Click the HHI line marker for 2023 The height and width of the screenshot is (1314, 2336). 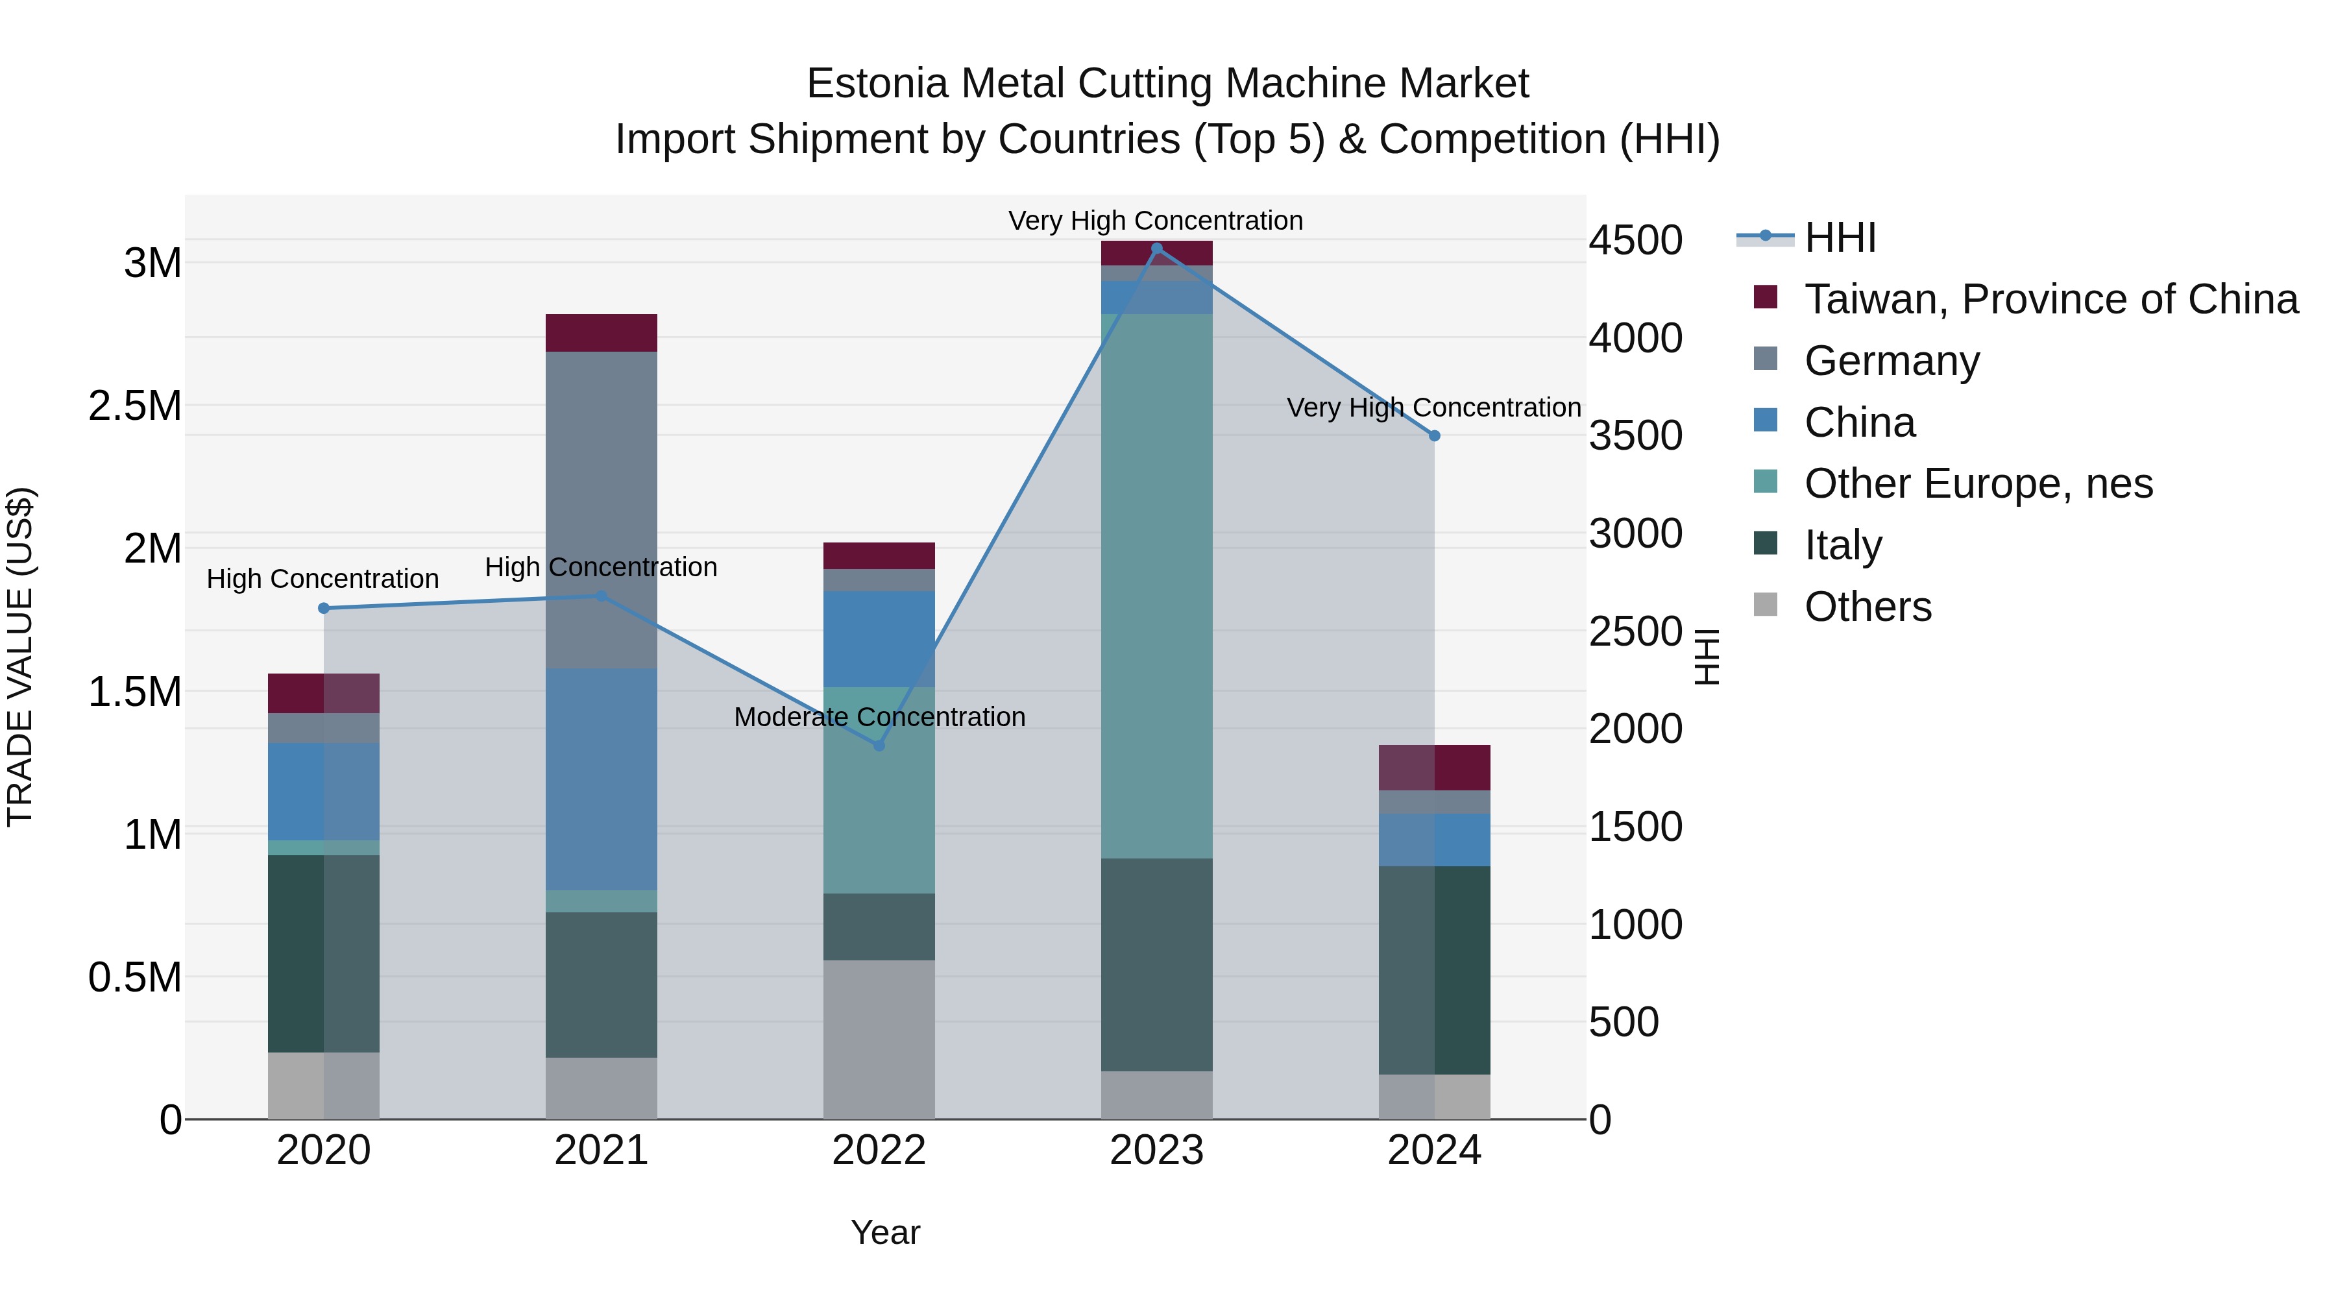click(x=1156, y=249)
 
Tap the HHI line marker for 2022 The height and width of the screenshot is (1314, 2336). click(x=879, y=746)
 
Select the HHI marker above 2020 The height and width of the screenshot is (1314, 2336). click(x=324, y=609)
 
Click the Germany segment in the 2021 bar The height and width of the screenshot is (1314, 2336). click(x=602, y=509)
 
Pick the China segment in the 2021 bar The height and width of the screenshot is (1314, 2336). click(x=602, y=780)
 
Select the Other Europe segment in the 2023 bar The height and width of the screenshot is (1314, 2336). click(x=1156, y=586)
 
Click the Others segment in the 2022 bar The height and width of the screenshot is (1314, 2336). click(x=879, y=1040)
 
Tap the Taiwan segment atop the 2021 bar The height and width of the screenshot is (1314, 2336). click(x=602, y=333)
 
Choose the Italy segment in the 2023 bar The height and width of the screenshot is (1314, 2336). click(x=1156, y=965)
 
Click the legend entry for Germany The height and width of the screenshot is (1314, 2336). click(x=1892, y=361)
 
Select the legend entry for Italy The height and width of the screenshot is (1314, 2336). click(x=1843, y=545)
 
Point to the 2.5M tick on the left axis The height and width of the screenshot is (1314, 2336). click(x=135, y=406)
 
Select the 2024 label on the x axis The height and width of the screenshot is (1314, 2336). click(x=1433, y=1150)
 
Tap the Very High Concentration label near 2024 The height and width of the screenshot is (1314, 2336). click(x=1433, y=408)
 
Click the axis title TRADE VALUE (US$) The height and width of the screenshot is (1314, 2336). click(x=20, y=657)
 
